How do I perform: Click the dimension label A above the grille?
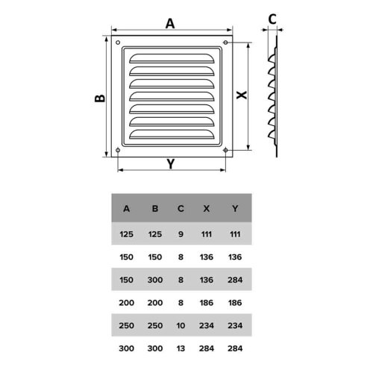pos(170,24)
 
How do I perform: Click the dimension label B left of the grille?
pos(100,98)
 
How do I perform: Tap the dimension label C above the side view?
pos(272,19)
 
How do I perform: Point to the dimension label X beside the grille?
pos(241,95)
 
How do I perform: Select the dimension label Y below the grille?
pos(171,164)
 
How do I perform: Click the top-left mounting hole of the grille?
pos(118,43)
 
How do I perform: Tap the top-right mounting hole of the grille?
pos(225,43)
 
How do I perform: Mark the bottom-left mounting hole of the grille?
pos(118,150)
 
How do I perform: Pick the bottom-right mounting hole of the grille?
pos(225,150)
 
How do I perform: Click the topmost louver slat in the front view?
pos(172,58)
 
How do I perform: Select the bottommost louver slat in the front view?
pos(172,134)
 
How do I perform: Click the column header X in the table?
pos(207,208)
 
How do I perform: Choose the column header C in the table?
pos(181,208)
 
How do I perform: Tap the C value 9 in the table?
pos(181,234)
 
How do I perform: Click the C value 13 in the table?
pos(181,348)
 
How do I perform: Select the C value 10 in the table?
pos(181,326)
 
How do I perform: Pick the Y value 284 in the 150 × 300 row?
pos(235,280)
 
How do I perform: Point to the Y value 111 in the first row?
pos(235,234)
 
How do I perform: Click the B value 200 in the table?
pos(155,303)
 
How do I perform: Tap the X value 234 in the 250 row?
pos(207,326)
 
